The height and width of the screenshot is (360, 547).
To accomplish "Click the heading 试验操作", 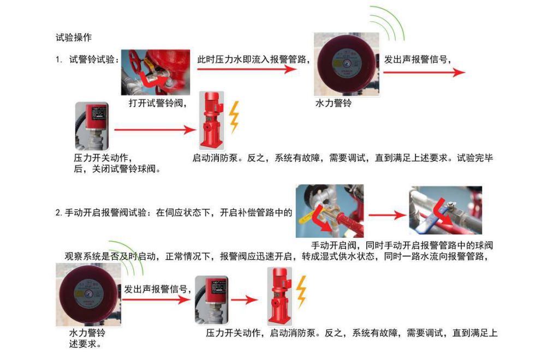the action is pos(74,37).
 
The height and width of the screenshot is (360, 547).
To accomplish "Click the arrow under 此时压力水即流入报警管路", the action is pos(247,69).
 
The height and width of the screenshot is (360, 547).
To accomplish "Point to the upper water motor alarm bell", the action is pos(347,64).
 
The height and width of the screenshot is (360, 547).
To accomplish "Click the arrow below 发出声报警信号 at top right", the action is pos(424,73).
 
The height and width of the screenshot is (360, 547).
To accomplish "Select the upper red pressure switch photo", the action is pos(92,126).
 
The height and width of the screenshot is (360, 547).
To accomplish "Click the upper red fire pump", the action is pos(211,121).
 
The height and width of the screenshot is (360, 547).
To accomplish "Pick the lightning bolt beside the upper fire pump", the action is pos(234,117).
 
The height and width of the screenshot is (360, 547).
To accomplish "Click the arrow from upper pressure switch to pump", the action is pos(155,130).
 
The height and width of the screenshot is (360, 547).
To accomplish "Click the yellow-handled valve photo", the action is pos(330,211).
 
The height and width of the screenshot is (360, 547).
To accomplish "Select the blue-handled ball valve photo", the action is pos(445,210).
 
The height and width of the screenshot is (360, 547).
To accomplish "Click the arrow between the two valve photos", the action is pos(388,215).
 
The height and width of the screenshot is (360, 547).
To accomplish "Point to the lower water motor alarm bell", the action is pos(88,295).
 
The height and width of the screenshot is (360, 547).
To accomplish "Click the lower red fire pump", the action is pos(280,297).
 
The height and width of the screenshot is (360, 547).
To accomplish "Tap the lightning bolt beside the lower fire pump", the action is pos(301,292).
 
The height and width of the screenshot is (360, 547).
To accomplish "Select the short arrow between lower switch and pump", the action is pos(244,299).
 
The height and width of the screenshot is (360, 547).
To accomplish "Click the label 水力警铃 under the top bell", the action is pos(333,103).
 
